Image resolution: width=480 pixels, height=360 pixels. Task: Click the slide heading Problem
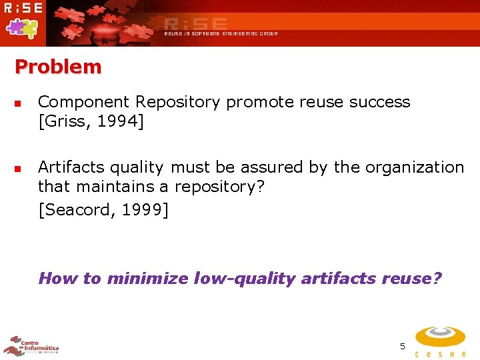pyautogui.click(x=58, y=67)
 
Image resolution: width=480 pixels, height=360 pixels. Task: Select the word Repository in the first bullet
pyautogui.click(x=178, y=102)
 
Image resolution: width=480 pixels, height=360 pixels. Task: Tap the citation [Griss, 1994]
pyautogui.click(x=91, y=122)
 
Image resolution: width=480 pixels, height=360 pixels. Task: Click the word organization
pyautogui.click(x=413, y=167)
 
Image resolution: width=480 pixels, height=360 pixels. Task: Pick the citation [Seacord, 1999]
pyautogui.click(x=103, y=210)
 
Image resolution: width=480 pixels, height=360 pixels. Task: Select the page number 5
pyautogui.click(x=402, y=346)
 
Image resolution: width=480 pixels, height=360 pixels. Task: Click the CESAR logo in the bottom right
pyautogui.click(x=440, y=341)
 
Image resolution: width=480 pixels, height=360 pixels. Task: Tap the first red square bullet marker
pyautogui.click(x=19, y=104)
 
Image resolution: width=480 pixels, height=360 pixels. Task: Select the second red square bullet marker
pyautogui.click(x=19, y=169)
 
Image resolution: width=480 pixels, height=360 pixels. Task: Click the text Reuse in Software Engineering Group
pyautogui.click(x=221, y=33)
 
